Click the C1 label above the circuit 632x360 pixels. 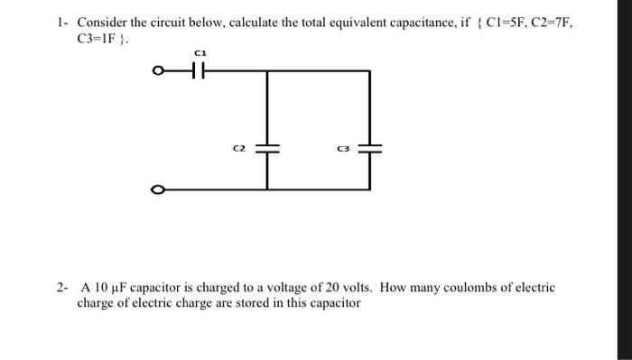click(201, 56)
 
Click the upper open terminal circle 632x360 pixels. click(159, 71)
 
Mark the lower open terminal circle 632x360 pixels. click(159, 189)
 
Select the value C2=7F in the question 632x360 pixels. click(553, 23)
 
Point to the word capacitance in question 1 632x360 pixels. click(407, 23)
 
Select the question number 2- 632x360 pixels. click(60, 288)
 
